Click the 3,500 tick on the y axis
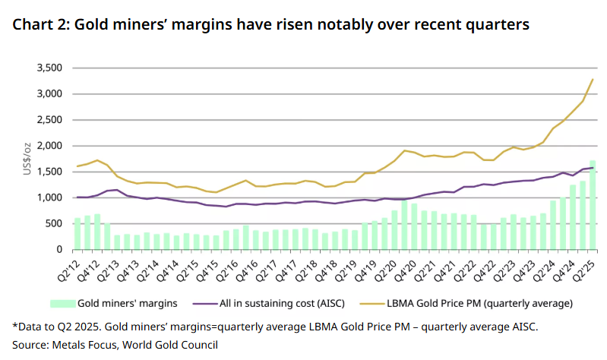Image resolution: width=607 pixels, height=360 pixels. tap(46, 68)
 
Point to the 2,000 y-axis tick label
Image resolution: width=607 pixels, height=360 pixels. tap(46, 146)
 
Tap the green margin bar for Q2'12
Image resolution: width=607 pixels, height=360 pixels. tap(77, 234)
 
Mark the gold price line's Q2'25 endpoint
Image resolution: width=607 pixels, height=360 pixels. tap(592, 80)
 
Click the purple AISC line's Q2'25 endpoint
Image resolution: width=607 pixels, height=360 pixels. tap(592, 168)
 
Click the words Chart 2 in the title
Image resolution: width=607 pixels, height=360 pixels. tap(38, 25)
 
